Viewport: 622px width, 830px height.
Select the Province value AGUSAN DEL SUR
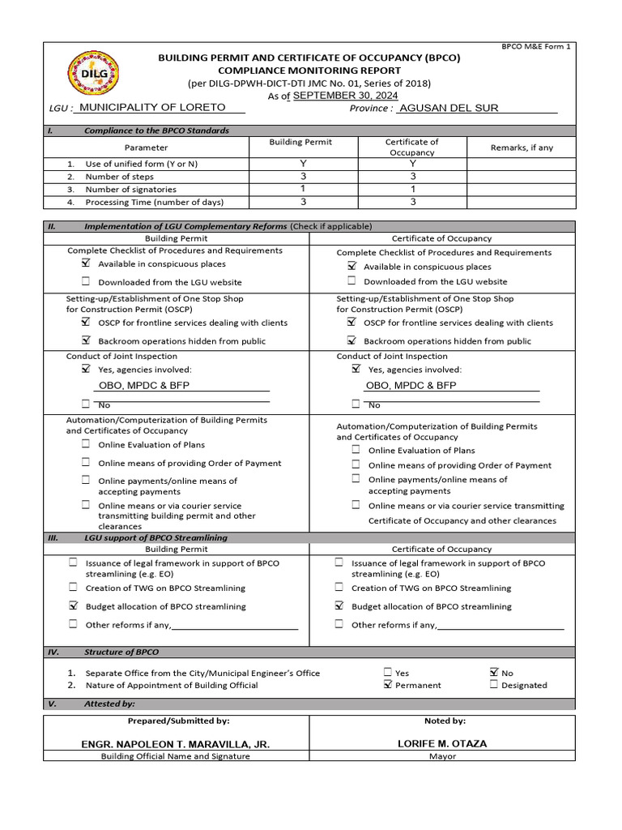coord(449,108)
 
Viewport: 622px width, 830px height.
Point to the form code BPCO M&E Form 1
coord(537,47)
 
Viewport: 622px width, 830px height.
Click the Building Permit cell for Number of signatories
coord(303,189)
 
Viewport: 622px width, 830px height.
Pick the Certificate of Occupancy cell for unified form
coord(412,163)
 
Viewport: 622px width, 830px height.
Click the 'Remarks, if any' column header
coord(522,148)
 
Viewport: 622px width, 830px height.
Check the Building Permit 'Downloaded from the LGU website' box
coord(86,281)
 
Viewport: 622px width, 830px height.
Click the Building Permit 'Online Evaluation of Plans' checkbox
coord(86,444)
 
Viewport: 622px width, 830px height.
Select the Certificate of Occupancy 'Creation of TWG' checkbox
coord(339,588)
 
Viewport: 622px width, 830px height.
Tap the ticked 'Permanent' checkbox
coord(388,685)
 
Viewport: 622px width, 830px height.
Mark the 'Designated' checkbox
coord(493,685)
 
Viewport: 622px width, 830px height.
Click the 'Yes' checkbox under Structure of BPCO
coord(388,672)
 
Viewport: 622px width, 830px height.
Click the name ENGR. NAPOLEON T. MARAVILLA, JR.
coord(176,743)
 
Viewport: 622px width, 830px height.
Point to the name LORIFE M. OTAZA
coord(442,743)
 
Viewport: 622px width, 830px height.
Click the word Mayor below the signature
coord(442,756)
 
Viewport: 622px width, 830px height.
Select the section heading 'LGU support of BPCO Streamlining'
coord(155,537)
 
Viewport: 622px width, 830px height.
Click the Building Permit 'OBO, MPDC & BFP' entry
coord(144,386)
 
